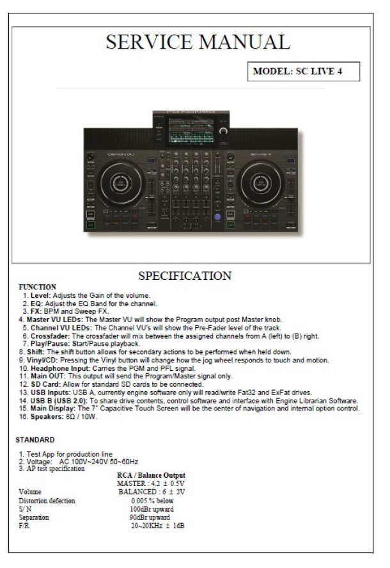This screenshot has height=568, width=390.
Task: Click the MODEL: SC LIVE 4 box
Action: pos(304,71)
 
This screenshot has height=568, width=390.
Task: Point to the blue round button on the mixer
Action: pos(217,217)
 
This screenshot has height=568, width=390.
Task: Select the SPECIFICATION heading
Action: pos(185,275)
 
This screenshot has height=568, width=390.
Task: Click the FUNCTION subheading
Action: pos(37,287)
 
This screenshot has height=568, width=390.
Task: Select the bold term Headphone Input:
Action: pos(60,368)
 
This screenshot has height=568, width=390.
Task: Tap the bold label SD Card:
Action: pos(46,384)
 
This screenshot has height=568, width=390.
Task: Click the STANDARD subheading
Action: pos(35,440)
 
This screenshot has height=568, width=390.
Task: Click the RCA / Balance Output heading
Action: pos(152,475)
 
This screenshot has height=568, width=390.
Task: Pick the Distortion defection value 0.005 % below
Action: pos(152,501)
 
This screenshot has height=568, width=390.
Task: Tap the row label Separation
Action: pos(34,517)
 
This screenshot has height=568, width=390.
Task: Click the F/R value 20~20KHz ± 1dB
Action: pos(158,526)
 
